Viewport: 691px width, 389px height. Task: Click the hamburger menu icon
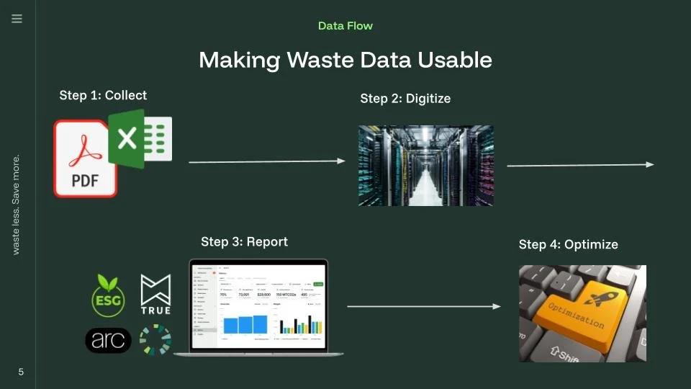pyautogui.click(x=17, y=19)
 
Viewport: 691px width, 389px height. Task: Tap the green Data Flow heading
pyautogui.click(x=345, y=26)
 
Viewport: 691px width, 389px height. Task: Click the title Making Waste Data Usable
pyautogui.click(x=345, y=60)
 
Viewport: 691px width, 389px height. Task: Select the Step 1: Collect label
pyautogui.click(x=103, y=95)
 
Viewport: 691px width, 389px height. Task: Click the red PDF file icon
pyautogui.click(x=84, y=160)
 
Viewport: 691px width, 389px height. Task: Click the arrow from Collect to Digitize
pyautogui.click(x=266, y=161)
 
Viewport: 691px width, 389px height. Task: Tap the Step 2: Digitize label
pyautogui.click(x=405, y=99)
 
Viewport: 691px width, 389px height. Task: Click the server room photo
pyautogui.click(x=425, y=166)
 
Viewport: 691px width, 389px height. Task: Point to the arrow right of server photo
pyautogui.click(x=580, y=165)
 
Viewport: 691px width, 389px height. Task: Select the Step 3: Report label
pyautogui.click(x=244, y=242)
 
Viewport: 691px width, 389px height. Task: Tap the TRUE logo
pyautogui.click(x=155, y=294)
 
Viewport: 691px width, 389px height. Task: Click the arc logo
pyautogui.click(x=108, y=340)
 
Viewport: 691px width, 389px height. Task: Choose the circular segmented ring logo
pyautogui.click(x=155, y=340)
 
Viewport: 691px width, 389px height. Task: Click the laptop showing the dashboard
pyautogui.click(x=258, y=306)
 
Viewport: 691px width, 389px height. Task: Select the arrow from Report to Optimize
pyautogui.click(x=423, y=306)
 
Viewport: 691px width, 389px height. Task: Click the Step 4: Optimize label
pyautogui.click(x=568, y=245)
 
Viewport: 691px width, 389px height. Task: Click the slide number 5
pyautogui.click(x=21, y=372)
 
